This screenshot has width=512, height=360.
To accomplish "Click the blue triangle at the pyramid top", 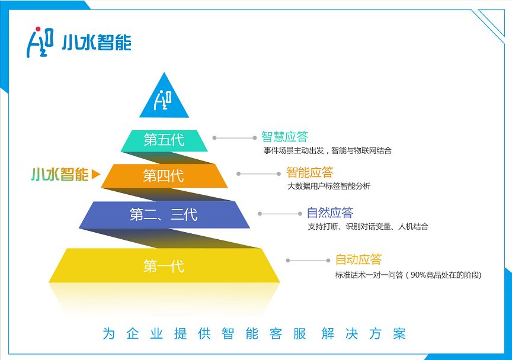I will click(x=164, y=98).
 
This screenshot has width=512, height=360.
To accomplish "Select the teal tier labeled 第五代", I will click(x=164, y=140).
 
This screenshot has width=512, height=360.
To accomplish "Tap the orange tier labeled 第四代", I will click(x=164, y=176).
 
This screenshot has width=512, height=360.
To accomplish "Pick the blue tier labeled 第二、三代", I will click(x=164, y=214).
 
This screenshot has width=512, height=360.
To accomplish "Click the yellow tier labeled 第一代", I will click(x=164, y=266).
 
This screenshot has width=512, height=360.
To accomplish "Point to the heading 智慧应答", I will click(x=284, y=137).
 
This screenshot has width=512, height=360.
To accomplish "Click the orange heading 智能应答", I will click(x=309, y=172).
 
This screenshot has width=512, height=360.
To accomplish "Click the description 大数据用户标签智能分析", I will click(x=329, y=187).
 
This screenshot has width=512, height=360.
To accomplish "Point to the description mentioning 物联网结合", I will click(x=327, y=150).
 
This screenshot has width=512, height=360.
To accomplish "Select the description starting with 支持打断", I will click(x=367, y=226).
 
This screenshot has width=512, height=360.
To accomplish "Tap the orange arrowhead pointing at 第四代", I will click(x=96, y=175).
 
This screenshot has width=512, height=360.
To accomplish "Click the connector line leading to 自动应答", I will click(x=308, y=261).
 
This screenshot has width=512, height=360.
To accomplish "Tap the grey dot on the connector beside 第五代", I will click(x=215, y=138).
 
